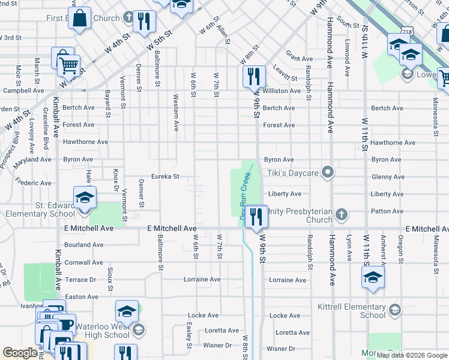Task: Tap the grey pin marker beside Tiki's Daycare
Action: (x=327, y=173)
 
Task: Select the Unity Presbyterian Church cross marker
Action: (x=341, y=214)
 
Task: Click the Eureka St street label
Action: (x=166, y=176)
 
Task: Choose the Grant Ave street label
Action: (x=299, y=59)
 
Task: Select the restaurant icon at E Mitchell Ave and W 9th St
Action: (x=257, y=217)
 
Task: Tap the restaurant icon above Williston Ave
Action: (x=254, y=76)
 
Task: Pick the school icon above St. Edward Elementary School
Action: (x=85, y=197)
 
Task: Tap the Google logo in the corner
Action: (x=20, y=353)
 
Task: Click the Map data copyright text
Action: (x=412, y=355)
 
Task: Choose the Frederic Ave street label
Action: (x=34, y=182)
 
